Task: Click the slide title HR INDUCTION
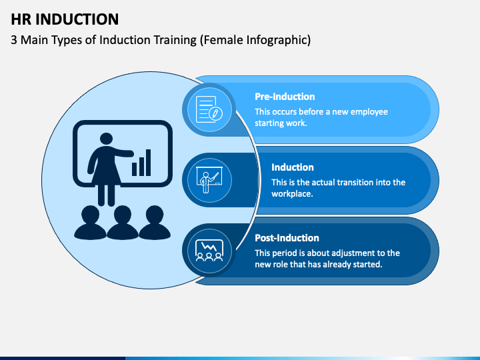coord(65,19)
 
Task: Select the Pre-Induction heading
coord(285,97)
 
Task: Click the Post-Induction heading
coord(287,238)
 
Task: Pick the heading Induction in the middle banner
coord(293,167)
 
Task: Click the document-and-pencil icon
coord(209,109)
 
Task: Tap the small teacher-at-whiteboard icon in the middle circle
coord(209,180)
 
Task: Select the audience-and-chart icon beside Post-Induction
coord(209,251)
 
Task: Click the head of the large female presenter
coord(106,139)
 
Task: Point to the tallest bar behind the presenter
coord(148,163)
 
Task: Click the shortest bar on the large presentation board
coord(134,169)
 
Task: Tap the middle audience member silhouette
coord(123,223)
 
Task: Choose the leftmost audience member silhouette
coord(90,223)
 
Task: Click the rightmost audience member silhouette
coord(155,223)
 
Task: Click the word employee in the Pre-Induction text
coord(369,112)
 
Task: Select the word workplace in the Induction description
coord(292,194)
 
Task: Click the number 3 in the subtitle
coord(14,40)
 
